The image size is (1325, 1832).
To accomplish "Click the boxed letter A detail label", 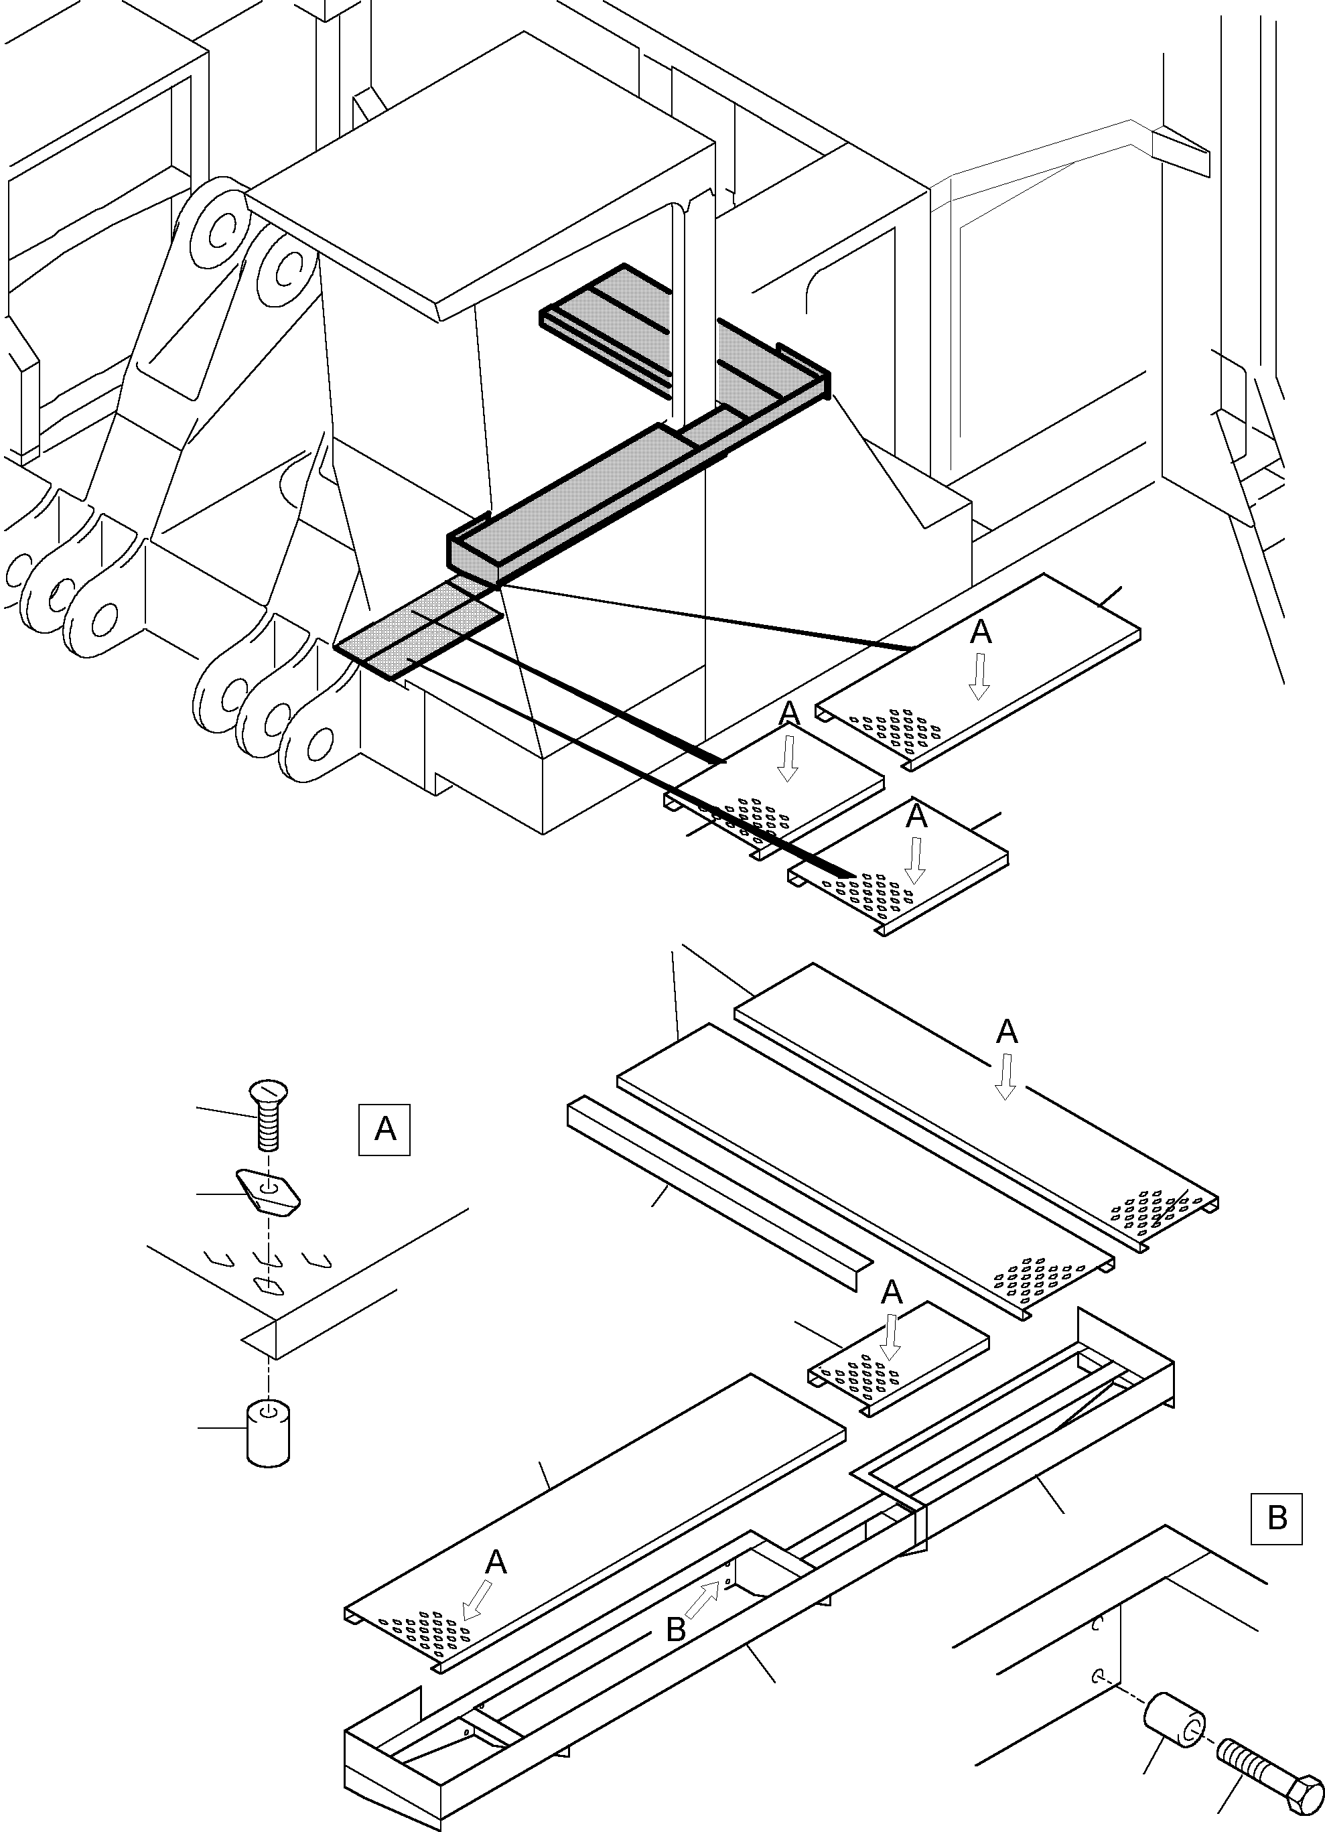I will coord(385,1129).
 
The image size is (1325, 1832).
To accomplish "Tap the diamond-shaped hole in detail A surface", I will coord(267,1283).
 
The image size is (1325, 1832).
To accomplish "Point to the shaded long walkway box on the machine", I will coord(581,501).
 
